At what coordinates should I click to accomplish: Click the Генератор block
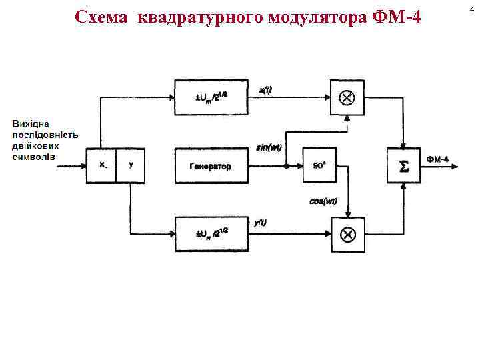(211, 165)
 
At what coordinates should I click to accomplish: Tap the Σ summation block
(404, 165)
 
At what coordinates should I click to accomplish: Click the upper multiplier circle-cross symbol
(348, 97)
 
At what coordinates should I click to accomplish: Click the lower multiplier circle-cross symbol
(348, 234)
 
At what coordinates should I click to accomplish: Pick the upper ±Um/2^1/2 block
(211, 97)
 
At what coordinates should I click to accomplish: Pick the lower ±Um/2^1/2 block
(211, 234)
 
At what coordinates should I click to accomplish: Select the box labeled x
(102, 165)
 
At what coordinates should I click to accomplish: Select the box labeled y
(131, 165)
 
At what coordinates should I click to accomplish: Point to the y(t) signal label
(260, 223)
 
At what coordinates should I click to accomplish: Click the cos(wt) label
(323, 202)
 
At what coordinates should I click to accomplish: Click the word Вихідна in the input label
(29, 124)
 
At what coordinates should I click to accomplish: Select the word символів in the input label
(33, 157)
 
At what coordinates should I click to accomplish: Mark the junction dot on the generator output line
(286, 165)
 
